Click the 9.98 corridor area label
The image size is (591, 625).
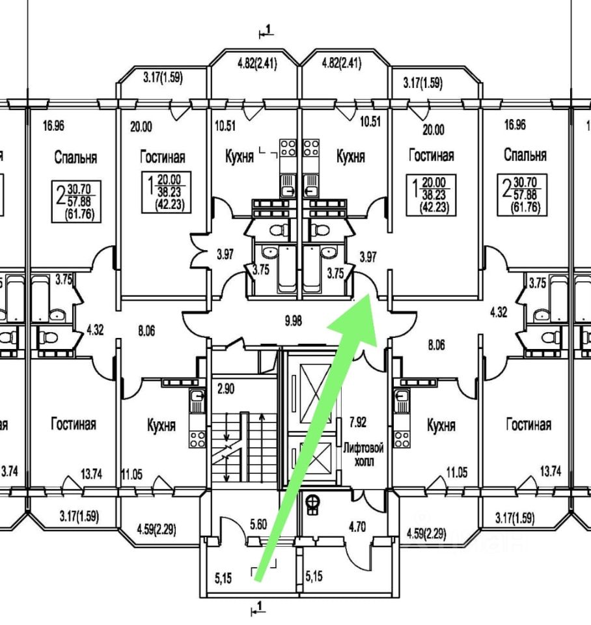(294, 321)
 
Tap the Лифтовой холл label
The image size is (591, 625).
(363, 455)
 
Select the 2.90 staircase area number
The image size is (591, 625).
(226, 389)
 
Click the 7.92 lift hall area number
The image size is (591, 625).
(358, 422)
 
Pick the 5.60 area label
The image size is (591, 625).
(258, 523)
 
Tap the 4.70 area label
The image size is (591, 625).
(357, 527)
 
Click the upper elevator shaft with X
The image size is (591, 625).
(315, 393)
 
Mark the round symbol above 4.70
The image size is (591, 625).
(313, 505)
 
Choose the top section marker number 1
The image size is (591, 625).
(268, 29)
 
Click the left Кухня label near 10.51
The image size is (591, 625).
(240, 157)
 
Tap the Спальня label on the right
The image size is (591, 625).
(525, 155)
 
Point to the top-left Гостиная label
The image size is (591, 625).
(163, 157)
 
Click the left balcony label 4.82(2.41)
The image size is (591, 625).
(257, 64)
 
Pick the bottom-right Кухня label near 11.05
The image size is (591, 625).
(441, 425)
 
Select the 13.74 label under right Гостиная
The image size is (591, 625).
(551, 472)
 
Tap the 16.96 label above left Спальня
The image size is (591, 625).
(53, 126)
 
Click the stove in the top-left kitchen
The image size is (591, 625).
(287, 148)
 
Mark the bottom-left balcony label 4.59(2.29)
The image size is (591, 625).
(156, 531)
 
